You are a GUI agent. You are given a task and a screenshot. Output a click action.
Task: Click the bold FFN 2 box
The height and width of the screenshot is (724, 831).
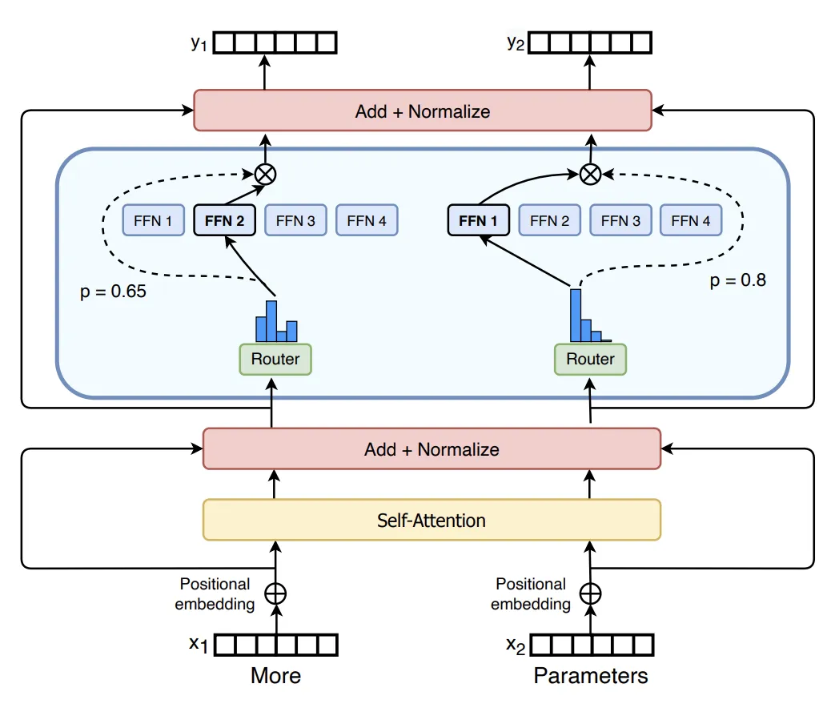(225, 220)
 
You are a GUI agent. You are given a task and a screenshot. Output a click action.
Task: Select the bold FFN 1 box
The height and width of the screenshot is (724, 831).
(479, 220)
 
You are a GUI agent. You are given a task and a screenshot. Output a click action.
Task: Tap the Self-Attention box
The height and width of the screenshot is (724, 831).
(432, 520)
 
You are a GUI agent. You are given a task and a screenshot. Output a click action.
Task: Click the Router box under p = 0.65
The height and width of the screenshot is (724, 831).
(275, 359)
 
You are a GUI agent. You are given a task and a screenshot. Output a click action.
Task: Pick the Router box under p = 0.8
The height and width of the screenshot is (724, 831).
(590, 359)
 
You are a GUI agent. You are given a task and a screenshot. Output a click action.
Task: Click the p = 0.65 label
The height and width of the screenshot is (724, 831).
(114, 291)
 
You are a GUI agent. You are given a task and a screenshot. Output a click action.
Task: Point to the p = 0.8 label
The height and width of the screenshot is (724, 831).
(738, 281)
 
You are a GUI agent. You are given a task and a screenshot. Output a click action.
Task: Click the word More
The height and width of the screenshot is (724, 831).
(275, 676)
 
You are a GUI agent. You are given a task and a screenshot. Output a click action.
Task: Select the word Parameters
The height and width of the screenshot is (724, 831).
(591, 676)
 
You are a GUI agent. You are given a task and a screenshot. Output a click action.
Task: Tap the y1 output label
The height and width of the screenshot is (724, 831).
(199, 43)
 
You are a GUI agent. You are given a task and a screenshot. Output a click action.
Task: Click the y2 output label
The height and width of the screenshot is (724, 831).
(514, 43)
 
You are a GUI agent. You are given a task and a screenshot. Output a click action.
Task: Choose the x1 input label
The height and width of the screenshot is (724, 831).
(199, 644)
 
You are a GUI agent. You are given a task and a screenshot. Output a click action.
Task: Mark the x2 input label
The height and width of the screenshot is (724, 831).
(514, 644)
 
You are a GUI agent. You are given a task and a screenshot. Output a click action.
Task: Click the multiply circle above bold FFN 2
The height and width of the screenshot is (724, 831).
(264, 173)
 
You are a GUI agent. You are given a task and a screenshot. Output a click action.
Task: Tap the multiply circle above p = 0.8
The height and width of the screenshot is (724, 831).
(590, 173)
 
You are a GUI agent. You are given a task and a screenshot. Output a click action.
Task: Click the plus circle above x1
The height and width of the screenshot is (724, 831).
(275, 593)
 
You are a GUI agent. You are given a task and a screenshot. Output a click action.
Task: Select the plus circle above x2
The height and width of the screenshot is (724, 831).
(590, 593)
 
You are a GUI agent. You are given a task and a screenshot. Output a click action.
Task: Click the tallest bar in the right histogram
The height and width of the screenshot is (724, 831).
(576, 315)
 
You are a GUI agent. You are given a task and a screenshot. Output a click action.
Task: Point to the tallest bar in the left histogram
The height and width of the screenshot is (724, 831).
(271, 320)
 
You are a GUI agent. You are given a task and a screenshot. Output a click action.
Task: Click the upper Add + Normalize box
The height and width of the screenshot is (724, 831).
(423, 111)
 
